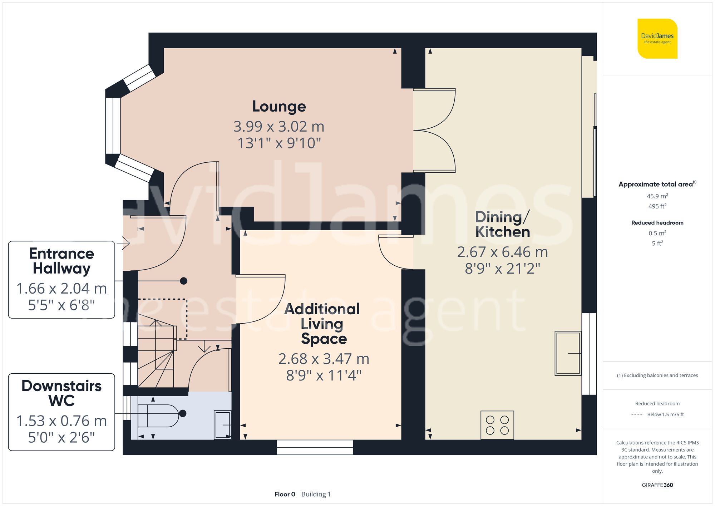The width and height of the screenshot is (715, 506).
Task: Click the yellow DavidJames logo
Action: [657, 39]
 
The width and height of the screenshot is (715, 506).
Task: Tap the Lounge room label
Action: [279, 107]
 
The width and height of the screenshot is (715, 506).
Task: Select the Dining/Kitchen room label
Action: [502, 225]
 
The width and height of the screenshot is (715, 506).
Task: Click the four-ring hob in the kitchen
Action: [497, 425]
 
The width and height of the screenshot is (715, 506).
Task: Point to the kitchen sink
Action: [568, 353]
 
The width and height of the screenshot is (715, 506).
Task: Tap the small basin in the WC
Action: [222, 424]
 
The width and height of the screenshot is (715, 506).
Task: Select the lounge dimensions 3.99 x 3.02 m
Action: [279, 127]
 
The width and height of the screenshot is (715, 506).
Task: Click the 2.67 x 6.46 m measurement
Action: [502, 252]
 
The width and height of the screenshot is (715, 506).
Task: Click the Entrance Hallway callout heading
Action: [61, 261]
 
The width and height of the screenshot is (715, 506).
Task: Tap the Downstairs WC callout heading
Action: [61, 393]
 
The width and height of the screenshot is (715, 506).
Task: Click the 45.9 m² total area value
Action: [657, 196]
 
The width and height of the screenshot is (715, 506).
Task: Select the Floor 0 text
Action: [285, 494]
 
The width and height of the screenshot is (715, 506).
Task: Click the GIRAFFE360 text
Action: [657, 485]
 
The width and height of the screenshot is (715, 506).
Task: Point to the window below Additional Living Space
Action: [315, 447]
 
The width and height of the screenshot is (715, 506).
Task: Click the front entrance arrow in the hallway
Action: [125, 243]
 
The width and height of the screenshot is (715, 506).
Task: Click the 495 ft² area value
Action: [657, 206]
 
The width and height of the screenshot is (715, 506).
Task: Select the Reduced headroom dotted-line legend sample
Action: [637, 415]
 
